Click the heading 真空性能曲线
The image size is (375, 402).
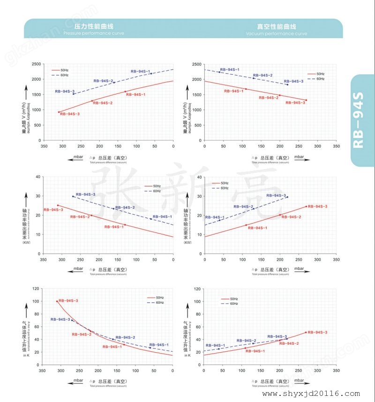point(277,26)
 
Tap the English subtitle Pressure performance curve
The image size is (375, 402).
point(88,34)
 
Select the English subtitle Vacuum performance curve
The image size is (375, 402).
point(277,34)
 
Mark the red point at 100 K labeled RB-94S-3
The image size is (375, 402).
point(57,301)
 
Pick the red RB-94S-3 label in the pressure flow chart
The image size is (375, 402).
point(70,114)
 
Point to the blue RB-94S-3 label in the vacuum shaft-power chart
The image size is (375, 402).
point(276,195)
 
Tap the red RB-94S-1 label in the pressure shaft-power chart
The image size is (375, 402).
point(114,227)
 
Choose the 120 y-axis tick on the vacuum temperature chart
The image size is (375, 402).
point(198,289)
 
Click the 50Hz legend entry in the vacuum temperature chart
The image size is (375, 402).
point(233,299)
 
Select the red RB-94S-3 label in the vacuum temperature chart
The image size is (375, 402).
point(317,332)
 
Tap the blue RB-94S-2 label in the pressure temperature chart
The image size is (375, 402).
point(125,337)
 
